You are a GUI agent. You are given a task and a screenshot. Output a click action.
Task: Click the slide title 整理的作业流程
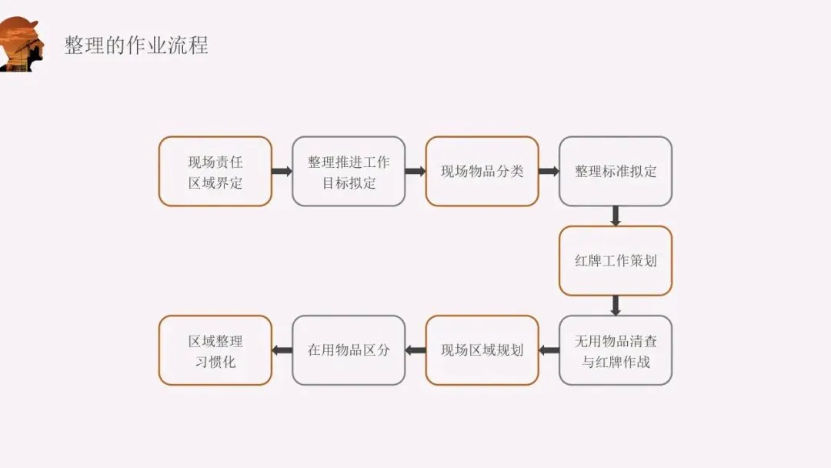pos(136,45)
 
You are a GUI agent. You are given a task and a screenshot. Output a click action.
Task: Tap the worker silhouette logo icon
pos(21,45)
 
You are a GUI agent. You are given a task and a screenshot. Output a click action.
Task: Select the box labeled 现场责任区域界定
pos(215,172)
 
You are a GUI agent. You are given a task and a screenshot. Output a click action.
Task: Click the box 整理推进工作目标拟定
pos(349,172)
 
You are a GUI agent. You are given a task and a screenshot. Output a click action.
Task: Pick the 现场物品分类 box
pos(482,172)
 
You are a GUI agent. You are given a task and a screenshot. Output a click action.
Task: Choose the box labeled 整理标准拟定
pos(616,172)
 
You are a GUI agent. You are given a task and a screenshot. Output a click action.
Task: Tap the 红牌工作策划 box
pos(616,261)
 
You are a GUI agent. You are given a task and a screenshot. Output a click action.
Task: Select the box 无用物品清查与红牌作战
pos(616,350)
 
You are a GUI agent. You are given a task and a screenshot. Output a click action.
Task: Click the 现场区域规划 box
pos(482,350)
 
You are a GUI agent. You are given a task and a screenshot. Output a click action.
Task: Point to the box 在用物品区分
pos(349,350)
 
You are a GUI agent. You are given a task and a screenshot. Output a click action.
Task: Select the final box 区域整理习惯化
pos(215,350)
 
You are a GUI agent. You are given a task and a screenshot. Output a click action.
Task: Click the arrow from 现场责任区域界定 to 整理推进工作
pos(282,172)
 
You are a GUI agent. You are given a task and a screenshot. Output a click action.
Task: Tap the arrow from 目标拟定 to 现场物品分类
pos(415,172)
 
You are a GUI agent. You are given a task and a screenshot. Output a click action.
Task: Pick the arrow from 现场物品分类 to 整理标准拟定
pos(549,172)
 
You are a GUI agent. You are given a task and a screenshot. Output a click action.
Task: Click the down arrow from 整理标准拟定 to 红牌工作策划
pos(616,216)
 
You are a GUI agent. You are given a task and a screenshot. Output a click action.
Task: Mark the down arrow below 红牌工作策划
pos(616,306)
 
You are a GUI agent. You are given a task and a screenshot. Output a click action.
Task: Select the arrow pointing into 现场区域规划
pos(549,350)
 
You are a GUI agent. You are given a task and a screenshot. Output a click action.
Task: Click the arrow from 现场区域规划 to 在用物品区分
pos(415,350)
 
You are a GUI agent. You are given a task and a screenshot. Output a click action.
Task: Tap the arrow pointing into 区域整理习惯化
pos(282,350)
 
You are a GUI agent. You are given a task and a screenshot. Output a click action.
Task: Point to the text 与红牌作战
pos(616,361)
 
